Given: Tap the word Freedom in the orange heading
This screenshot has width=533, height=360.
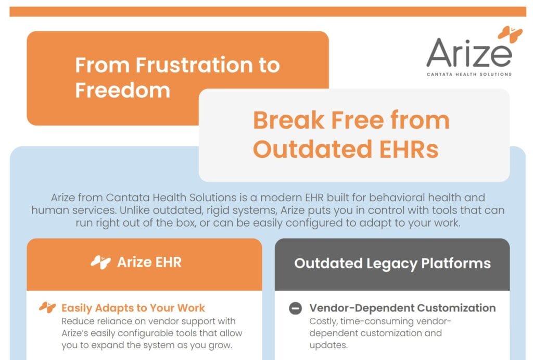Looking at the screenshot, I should (122, 90).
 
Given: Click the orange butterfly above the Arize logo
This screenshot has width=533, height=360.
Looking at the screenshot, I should (510, 33).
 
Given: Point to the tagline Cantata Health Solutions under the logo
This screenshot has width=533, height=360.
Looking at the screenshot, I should (469, 75).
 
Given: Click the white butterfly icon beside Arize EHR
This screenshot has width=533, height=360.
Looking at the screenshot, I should (100, 262).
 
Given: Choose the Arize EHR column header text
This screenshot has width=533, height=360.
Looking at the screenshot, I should (149, 262).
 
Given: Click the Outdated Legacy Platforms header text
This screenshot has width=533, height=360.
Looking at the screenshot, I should (392, 263).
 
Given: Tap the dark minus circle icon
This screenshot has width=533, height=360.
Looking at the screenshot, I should (295, 308).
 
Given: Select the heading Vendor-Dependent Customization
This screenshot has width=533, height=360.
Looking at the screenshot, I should (402, 308).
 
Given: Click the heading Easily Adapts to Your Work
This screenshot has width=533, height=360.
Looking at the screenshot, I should (133, 308).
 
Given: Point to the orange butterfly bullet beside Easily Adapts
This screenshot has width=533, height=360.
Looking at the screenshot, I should (47, 308).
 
